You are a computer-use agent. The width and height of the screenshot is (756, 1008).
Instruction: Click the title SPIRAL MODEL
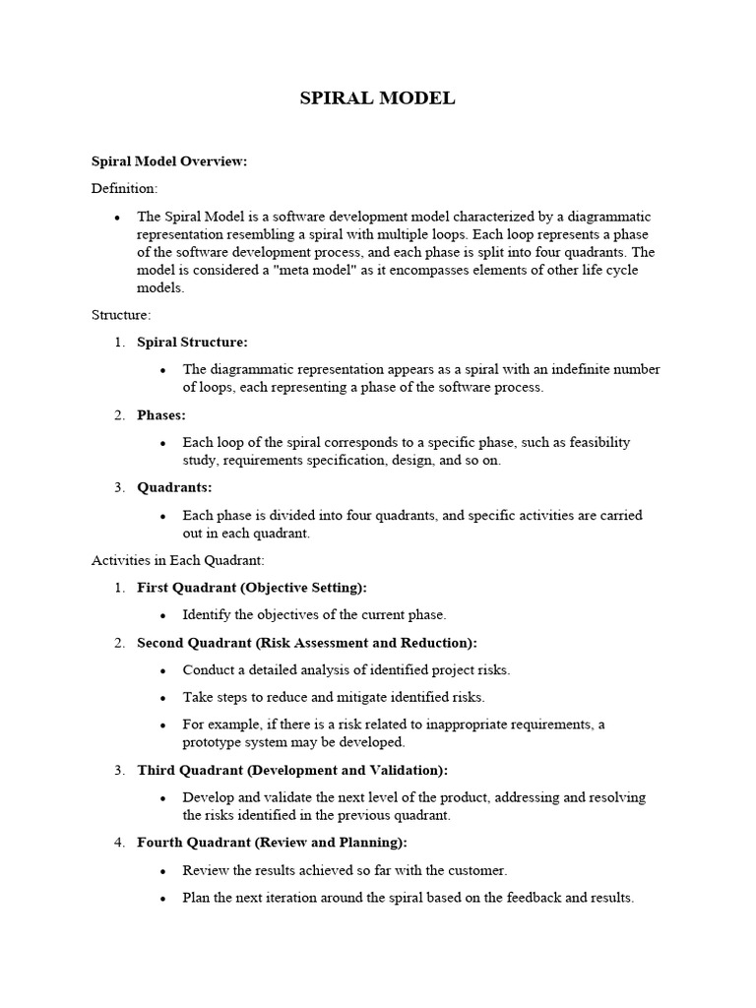point(377,98)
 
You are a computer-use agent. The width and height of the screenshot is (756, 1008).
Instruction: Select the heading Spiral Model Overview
point(168,161)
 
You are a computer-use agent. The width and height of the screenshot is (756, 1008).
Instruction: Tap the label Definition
point(124,188)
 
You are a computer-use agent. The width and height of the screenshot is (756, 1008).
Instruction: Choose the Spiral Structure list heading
point(192,342)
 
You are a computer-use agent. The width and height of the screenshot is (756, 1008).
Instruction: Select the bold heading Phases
point(161,414)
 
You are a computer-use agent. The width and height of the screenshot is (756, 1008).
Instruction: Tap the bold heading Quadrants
point(174,487)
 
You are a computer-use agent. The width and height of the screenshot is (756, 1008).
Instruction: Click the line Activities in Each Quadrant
point(177,560)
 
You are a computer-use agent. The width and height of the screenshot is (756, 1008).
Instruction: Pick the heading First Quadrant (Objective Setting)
point(252,588)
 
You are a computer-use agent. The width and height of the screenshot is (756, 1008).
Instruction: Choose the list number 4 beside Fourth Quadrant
point(118,843)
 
